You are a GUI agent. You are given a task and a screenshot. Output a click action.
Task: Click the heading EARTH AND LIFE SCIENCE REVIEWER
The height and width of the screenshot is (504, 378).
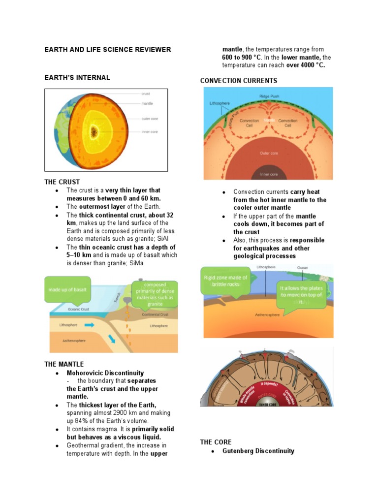pyautogui.click(x=108, y=49)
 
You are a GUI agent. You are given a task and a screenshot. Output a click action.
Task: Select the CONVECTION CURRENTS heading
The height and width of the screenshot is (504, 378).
pyautogui.click(x=238, y=80)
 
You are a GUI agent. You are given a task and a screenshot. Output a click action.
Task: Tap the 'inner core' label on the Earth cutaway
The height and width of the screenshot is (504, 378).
pyautogui.click(x=149, y=131)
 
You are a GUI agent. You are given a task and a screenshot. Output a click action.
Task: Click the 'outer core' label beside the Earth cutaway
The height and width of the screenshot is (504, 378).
pyautogui.click(x=149, y=119)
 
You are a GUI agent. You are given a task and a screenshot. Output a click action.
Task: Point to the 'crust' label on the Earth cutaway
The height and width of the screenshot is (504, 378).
pyautogui.click(x=146, y=93)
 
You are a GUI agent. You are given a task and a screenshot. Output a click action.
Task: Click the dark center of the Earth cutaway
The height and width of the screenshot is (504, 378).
pyautogui.click(x=94, y=131)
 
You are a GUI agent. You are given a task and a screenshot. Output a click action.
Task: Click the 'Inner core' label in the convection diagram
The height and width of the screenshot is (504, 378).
pyautogui.click(x=269, y=174)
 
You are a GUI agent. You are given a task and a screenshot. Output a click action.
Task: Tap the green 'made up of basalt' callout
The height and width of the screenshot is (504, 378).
pyautogui.click(x=67, y=289)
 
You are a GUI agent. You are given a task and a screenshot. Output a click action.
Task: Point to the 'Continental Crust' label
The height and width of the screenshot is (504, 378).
pyautogui.click(x=155, y=314)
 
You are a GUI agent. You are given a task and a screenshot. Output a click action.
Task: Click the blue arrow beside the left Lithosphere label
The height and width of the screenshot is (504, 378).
pyautogui.click(x=90, y=325)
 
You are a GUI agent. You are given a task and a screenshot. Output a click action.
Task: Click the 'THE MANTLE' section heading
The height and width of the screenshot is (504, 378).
pyautogui.click(x=64, y=364)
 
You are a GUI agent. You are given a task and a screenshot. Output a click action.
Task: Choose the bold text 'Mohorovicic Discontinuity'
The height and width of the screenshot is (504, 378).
pyautogui.click(x=105, y=373)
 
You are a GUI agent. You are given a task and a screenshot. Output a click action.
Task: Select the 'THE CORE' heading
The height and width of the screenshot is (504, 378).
pyautogui.click(x=216, y=442)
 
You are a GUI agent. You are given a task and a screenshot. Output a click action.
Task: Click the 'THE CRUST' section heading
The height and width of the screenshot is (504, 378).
pyautogui.click(x=62, y=182)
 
